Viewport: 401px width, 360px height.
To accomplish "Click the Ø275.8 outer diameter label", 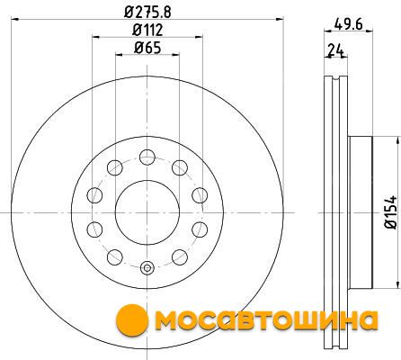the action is (147, 13).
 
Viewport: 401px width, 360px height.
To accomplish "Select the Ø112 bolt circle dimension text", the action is (147, 30).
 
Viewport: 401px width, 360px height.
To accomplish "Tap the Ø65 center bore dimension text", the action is (147, 48).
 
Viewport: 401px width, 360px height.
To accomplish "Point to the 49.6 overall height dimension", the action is (348, 23).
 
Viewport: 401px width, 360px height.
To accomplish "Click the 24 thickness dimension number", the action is (335, 50).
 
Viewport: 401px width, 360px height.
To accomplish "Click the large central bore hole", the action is (147, 212).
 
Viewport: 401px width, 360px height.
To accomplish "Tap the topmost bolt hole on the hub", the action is (147, 157).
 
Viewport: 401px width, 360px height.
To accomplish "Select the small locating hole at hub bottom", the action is (147, 268).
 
